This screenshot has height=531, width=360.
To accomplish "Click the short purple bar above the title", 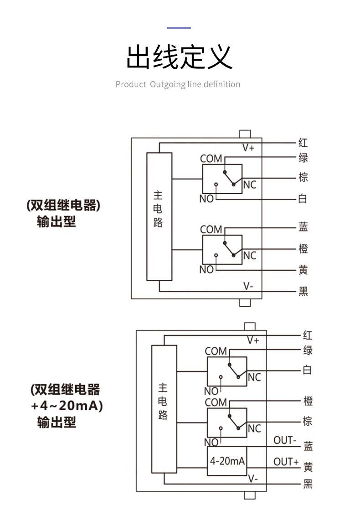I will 179,28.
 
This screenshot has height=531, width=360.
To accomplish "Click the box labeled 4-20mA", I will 227,461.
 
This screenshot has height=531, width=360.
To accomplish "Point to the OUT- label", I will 285,440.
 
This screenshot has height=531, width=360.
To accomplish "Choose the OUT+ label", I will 286,462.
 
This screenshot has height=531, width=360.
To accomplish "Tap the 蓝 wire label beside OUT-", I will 308,446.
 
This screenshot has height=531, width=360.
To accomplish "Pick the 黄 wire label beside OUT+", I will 308,467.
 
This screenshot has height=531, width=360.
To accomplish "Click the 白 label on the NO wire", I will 303,199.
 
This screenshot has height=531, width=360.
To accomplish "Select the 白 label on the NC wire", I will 308,370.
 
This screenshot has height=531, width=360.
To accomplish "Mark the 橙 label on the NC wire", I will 303,249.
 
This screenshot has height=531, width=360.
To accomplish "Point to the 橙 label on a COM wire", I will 308,402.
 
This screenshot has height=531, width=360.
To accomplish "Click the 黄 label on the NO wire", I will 303,270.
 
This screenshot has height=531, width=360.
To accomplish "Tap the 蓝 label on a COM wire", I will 303,227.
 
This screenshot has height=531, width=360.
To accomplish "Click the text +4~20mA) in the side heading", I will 67,405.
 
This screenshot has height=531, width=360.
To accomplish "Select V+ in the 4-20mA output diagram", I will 253,340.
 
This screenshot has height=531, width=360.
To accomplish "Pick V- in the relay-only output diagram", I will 248,286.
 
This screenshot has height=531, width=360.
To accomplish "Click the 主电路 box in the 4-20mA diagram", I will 164,402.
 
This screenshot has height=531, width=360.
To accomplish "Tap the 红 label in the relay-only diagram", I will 303,143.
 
